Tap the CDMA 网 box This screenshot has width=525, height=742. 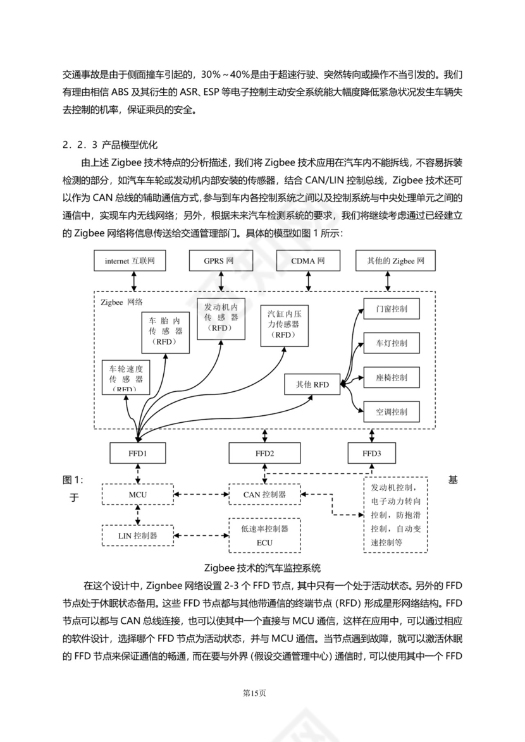pos(308,260)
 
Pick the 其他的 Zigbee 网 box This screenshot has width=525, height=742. pos(396,260)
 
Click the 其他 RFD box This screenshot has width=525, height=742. pos(312,384)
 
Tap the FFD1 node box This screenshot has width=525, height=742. pos(137,453)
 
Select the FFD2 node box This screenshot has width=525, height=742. pos(264,453)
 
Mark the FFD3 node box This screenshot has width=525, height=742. pos(372,453)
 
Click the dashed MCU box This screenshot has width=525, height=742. pos(138,494)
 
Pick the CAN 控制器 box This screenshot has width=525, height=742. pos(264,494)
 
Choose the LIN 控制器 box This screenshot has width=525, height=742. pos(138,535)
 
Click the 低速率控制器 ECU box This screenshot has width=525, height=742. pos(264,535)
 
